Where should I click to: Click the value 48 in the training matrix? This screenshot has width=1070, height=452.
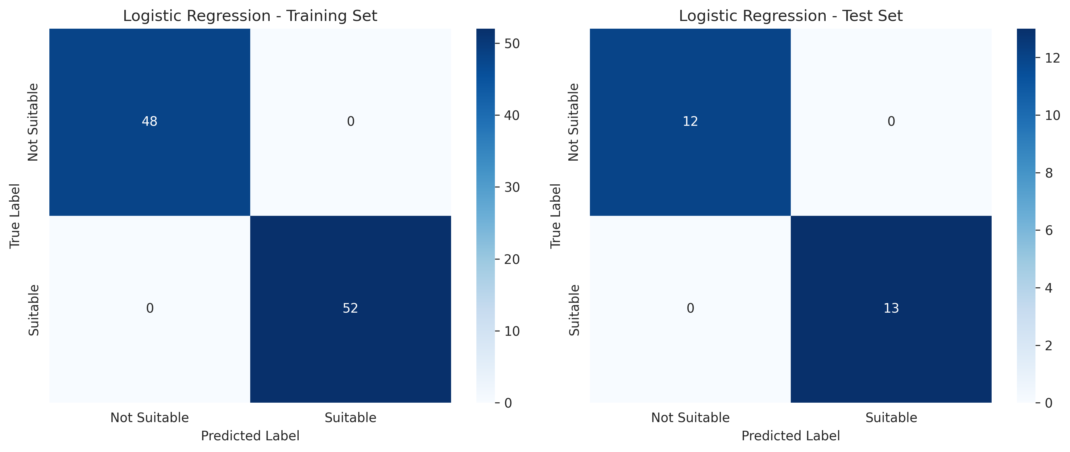pyautogui.click(x=150, y=121)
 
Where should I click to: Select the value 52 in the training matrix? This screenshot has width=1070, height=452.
pyautogui.click(x=350, y=308)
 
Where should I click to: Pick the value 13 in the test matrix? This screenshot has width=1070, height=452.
pyautogui.click(x=891, y=308)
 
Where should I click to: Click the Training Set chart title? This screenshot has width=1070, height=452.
pyautogui.click(x=250, y=16)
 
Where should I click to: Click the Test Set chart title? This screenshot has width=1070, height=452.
pyautogui.click(x=790, y=16)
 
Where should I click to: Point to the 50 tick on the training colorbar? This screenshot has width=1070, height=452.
pyautogui.click(x=512, y=43)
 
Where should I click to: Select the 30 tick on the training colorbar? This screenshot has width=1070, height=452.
pyautogui.click(x=512, y=187)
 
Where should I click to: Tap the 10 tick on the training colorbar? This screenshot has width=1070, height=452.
pyautogui.click(x=512, y=331)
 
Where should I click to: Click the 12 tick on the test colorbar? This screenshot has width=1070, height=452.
pyautogui.click(x=1052, y=58)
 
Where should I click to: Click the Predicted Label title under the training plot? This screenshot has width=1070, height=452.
pyautogui.click(x=250, y=436)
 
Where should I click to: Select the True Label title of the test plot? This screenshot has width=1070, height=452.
pyautogui.click(x=555, y=216)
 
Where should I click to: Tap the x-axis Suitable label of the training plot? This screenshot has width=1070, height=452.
pyautogui.click(x=350, y=417)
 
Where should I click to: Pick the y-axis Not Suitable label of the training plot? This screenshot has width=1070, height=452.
pyautogui.click(x=33, y=122)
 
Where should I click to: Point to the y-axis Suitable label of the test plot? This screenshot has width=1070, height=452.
pyautogui.click(x=574, y=310)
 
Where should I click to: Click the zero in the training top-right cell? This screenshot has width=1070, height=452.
pyautogui.click(x=350, y=121)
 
